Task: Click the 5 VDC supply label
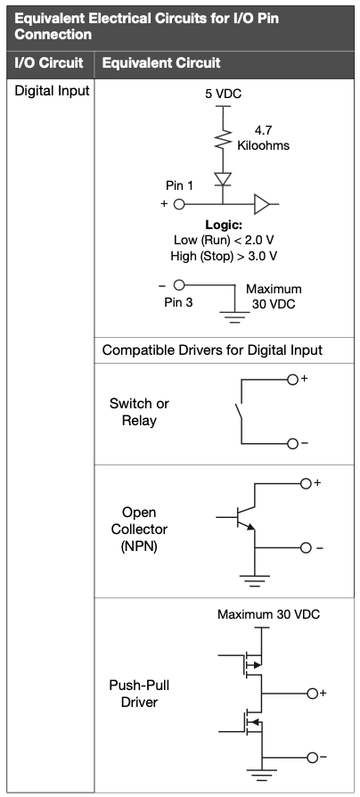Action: pos(223,94)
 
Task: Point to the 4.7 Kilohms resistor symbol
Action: pos(223,139)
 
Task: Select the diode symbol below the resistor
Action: pos(223,179)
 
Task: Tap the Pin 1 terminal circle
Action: pos(179,204)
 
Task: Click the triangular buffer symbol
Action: pos(261,204)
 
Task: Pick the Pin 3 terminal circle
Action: pos(179,284)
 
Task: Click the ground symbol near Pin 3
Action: pos(234,317)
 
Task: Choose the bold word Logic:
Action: pos(224,225)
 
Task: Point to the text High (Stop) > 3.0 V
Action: pos(224,256)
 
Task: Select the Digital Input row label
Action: pos(52,91)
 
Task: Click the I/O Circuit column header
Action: pos(49,63)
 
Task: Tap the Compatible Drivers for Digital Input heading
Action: pos(212,350)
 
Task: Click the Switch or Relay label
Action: pos(139,412)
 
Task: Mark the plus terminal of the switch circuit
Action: pos(292,380)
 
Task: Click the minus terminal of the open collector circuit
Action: pos(306,548)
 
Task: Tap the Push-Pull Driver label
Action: pos(139,694)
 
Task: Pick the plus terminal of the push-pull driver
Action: pos(312,694)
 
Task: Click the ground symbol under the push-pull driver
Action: pos(262,775)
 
